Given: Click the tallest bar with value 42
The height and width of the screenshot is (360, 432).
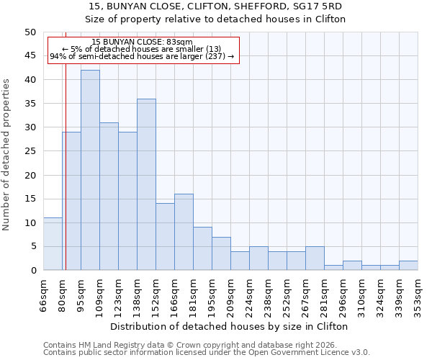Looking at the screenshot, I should [90, 170].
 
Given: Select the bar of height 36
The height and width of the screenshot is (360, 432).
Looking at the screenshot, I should [146, 184].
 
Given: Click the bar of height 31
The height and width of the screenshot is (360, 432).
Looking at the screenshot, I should [109, 197].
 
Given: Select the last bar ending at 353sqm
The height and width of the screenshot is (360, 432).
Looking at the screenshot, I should [408, 266].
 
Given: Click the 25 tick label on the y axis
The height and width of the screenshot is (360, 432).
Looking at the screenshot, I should [30, 151].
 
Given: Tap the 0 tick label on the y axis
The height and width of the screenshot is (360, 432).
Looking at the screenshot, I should [32, 271].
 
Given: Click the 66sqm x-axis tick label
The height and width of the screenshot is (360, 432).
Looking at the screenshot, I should [44, 295].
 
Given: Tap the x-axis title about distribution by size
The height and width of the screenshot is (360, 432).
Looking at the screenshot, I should [230, 326].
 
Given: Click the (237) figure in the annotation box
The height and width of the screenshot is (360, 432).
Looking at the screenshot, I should [215, 56].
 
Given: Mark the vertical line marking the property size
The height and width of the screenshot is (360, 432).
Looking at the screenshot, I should [66, 180].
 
